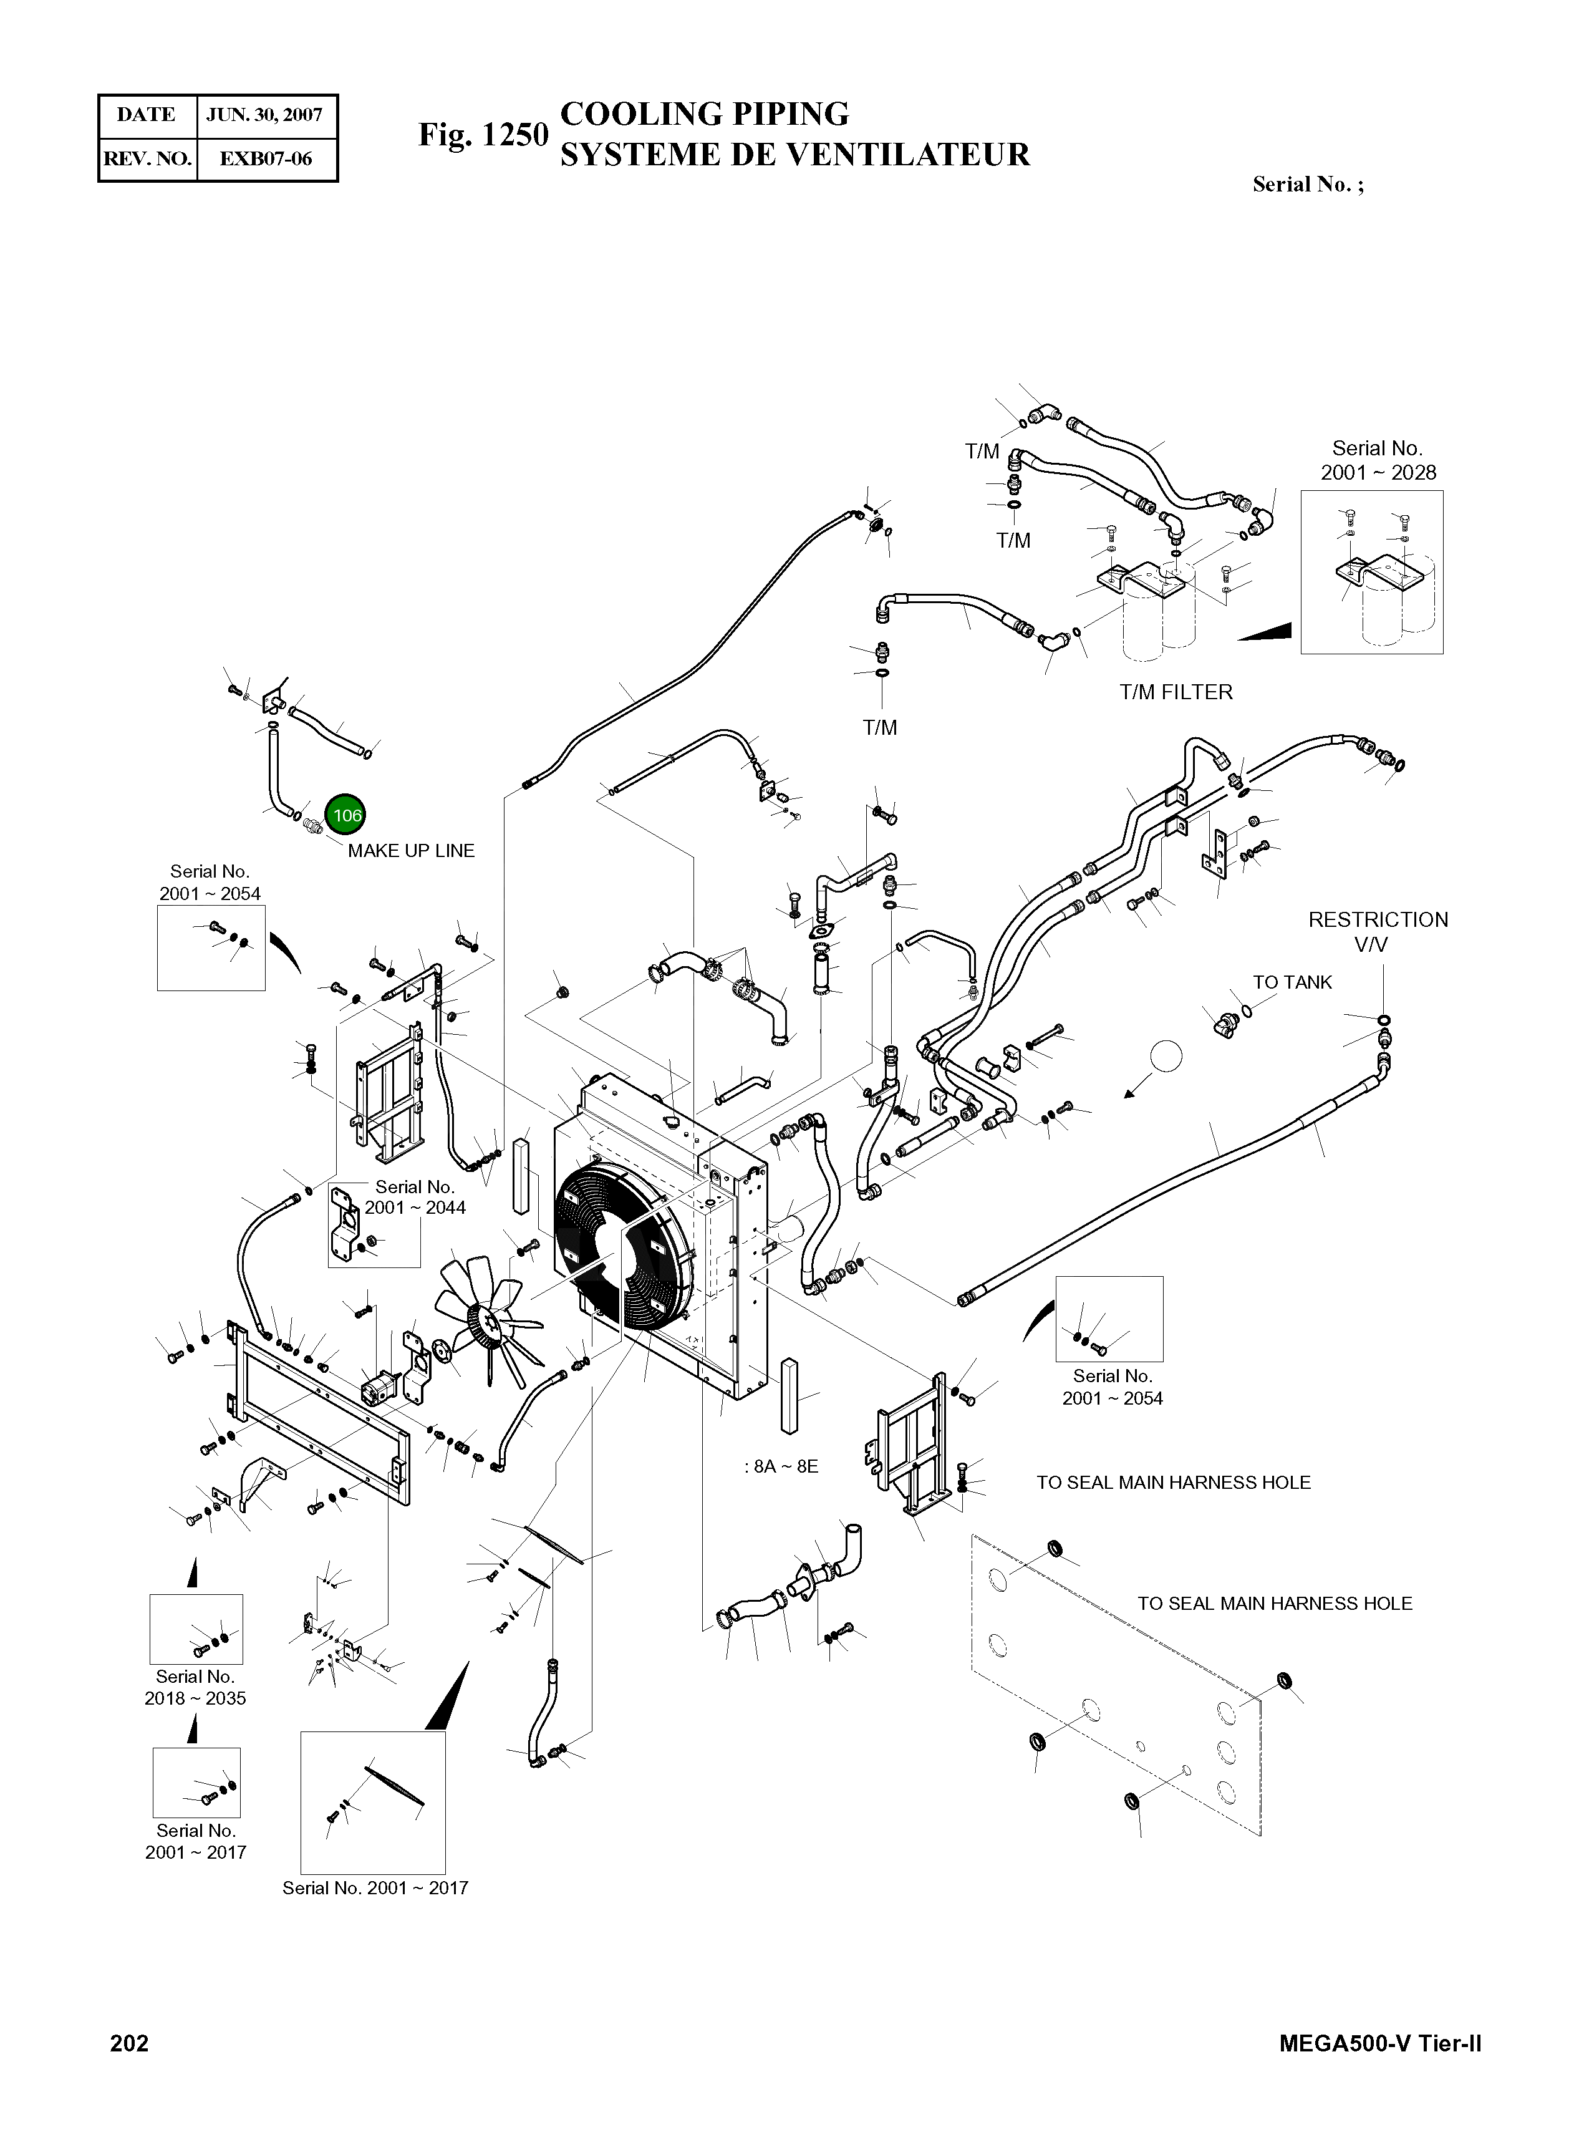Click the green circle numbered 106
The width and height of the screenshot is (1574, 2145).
point(346,815)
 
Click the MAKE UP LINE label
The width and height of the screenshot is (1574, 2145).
point(411,851)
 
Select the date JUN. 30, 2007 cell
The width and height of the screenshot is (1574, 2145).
point(265,115)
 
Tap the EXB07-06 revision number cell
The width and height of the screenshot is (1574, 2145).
point(266,159)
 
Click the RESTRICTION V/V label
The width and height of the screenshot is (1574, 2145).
point(1378,932)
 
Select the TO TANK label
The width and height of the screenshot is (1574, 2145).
point(1292,982)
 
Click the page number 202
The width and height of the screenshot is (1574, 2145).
point(130,2043)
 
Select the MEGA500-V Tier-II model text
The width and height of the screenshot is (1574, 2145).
point(1381,2043)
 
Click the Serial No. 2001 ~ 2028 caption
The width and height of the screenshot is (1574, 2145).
point(1377,460)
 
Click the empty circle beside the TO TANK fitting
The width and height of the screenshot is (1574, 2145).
point(1166,1056)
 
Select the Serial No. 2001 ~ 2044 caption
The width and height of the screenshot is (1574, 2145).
point(415,1198)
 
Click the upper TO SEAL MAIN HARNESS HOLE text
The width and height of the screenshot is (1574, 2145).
point(1173,1483)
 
